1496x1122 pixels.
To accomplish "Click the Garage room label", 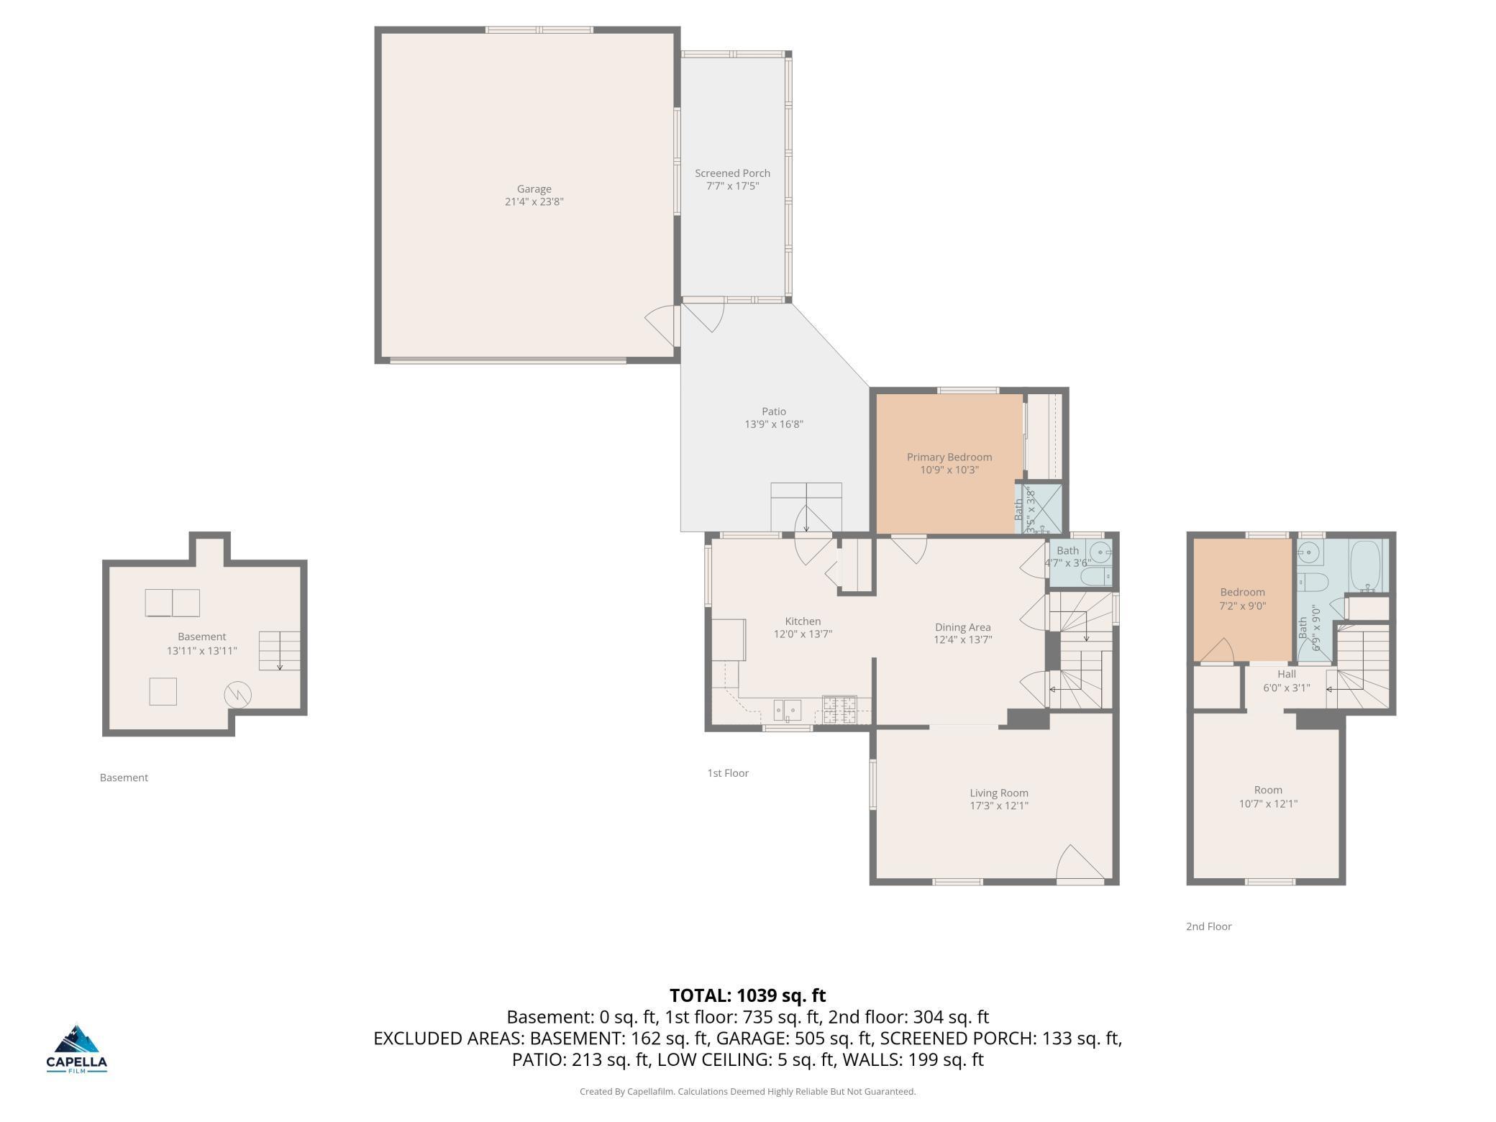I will (534, 189).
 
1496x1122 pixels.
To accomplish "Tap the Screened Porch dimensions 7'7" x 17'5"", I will (732, 186).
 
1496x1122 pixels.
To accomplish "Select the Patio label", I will (774, 411).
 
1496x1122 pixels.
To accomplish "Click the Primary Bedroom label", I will (949, 457).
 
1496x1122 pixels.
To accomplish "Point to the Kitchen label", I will (803, 621).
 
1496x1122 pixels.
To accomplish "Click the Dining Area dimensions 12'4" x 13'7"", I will (962, 639).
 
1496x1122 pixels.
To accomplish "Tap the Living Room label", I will (998, 793).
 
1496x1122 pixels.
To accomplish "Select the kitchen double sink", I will (788, 710).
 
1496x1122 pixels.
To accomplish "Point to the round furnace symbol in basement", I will (237, 695).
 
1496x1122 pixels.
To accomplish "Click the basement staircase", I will (279, 650).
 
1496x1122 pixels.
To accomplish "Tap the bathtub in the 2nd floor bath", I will (1365, 566).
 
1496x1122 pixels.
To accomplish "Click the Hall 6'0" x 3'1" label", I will (1286, 680).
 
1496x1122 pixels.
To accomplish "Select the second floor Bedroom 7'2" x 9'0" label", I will (1242, 598).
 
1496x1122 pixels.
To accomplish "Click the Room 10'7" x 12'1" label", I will (1267, 796).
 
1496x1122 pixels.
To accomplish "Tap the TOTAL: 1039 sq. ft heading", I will (747, 995).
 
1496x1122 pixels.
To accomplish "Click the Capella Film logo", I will (77, 1049).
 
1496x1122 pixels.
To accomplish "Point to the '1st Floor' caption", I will (728, 773).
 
